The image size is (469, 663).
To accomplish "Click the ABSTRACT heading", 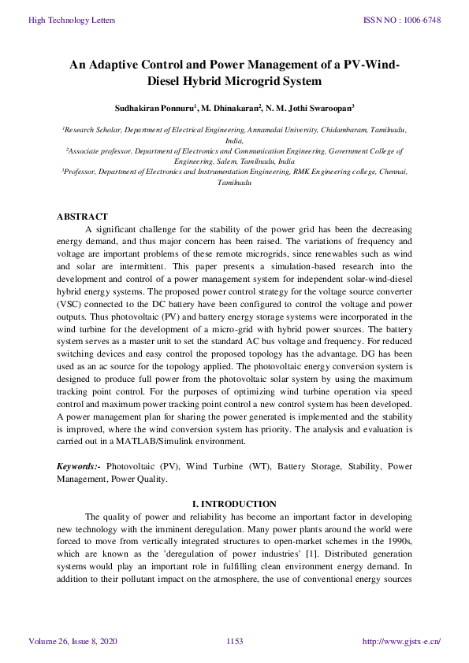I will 82,217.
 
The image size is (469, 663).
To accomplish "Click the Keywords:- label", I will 78,466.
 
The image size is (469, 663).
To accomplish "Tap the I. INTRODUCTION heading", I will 234,504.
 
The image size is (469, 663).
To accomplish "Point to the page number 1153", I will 234,642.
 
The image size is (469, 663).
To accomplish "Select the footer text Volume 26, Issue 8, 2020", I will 73,642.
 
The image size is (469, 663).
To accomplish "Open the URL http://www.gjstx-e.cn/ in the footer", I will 400,642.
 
